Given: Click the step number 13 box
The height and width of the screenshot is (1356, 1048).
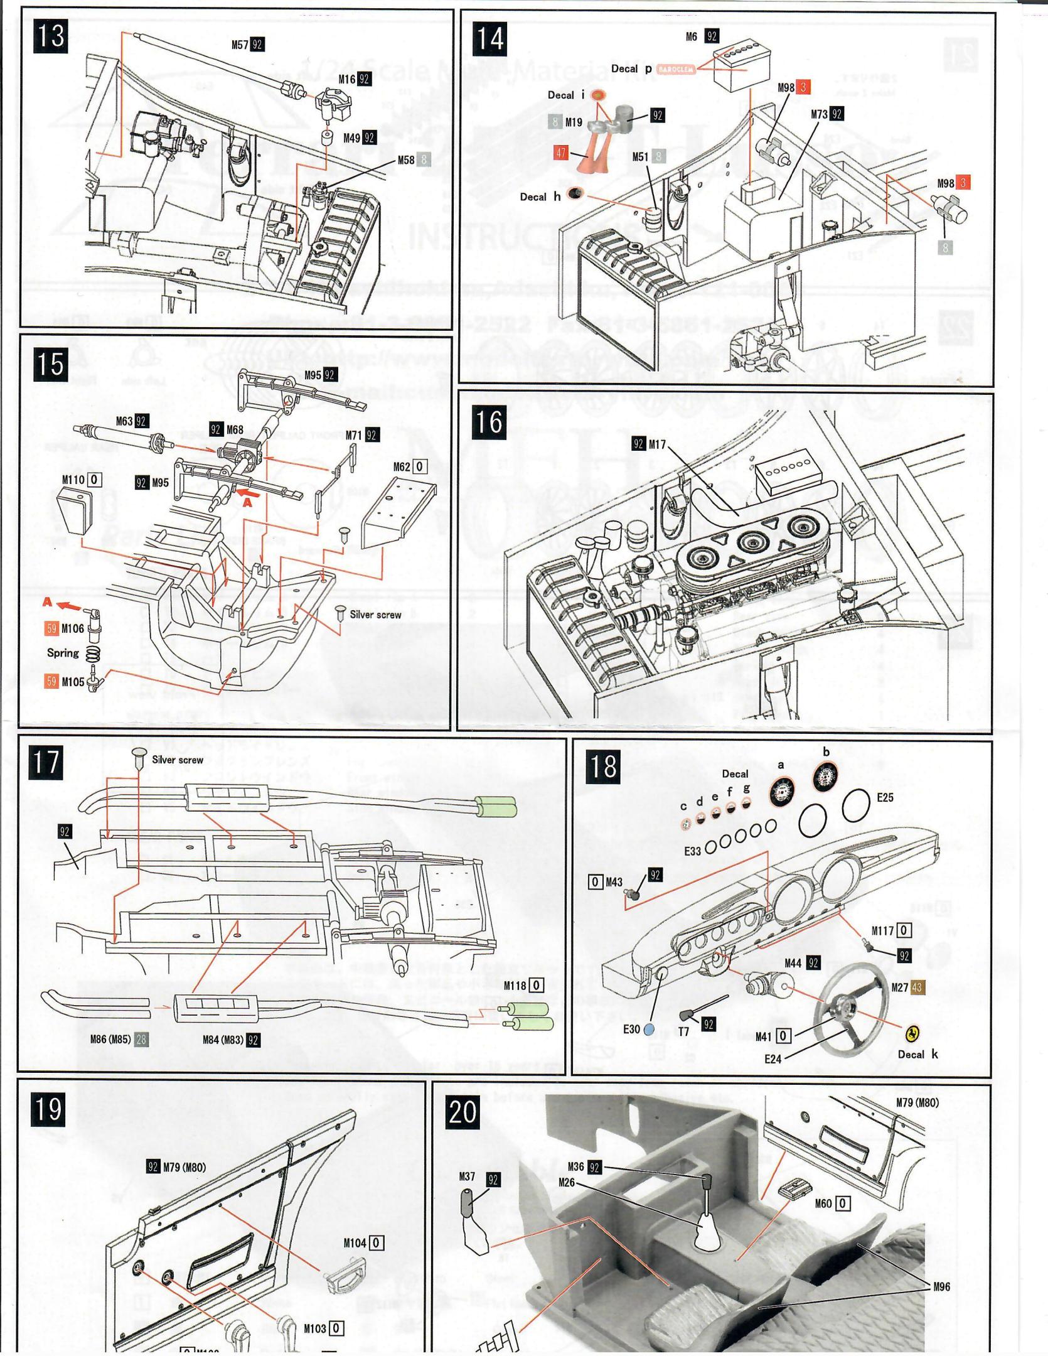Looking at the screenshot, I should [x=51, y=36].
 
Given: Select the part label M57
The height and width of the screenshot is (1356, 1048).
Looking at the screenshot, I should [x=239, y=45].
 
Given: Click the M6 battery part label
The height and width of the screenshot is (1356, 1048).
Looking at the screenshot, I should [x=691, y=36].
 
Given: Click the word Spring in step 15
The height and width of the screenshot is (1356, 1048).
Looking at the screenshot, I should [x=63, y=653].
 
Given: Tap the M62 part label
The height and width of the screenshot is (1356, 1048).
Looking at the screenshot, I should [x=402, y=467].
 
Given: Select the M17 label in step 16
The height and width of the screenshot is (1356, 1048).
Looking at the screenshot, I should [x=657, y=444].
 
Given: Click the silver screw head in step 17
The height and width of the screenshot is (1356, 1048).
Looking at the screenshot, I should [x=139, y=752].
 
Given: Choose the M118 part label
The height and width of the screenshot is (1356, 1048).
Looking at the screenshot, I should [x=515, y=986].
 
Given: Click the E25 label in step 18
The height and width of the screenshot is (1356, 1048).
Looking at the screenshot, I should [x=885, y=798].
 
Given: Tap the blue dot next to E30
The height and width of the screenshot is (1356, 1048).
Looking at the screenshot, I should [x=649, y=1030].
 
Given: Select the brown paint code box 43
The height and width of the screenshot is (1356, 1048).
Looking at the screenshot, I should [x=917, y=987].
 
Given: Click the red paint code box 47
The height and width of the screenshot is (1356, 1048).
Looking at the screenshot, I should [x=560, y=153].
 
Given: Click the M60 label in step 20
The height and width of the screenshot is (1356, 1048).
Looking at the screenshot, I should [x=823, y=1203].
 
